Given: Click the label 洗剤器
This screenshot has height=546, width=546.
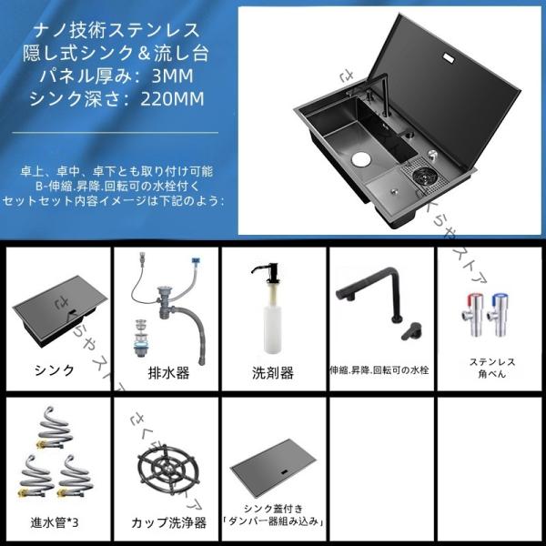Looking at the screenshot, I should click(x=272, y=372).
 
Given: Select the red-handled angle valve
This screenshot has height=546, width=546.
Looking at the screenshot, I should click(x=469, y=314).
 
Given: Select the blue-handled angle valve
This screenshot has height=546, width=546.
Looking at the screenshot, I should click(x=496, y=314).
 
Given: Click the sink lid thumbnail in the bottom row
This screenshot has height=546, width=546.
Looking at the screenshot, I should click(x=272, y=470).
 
